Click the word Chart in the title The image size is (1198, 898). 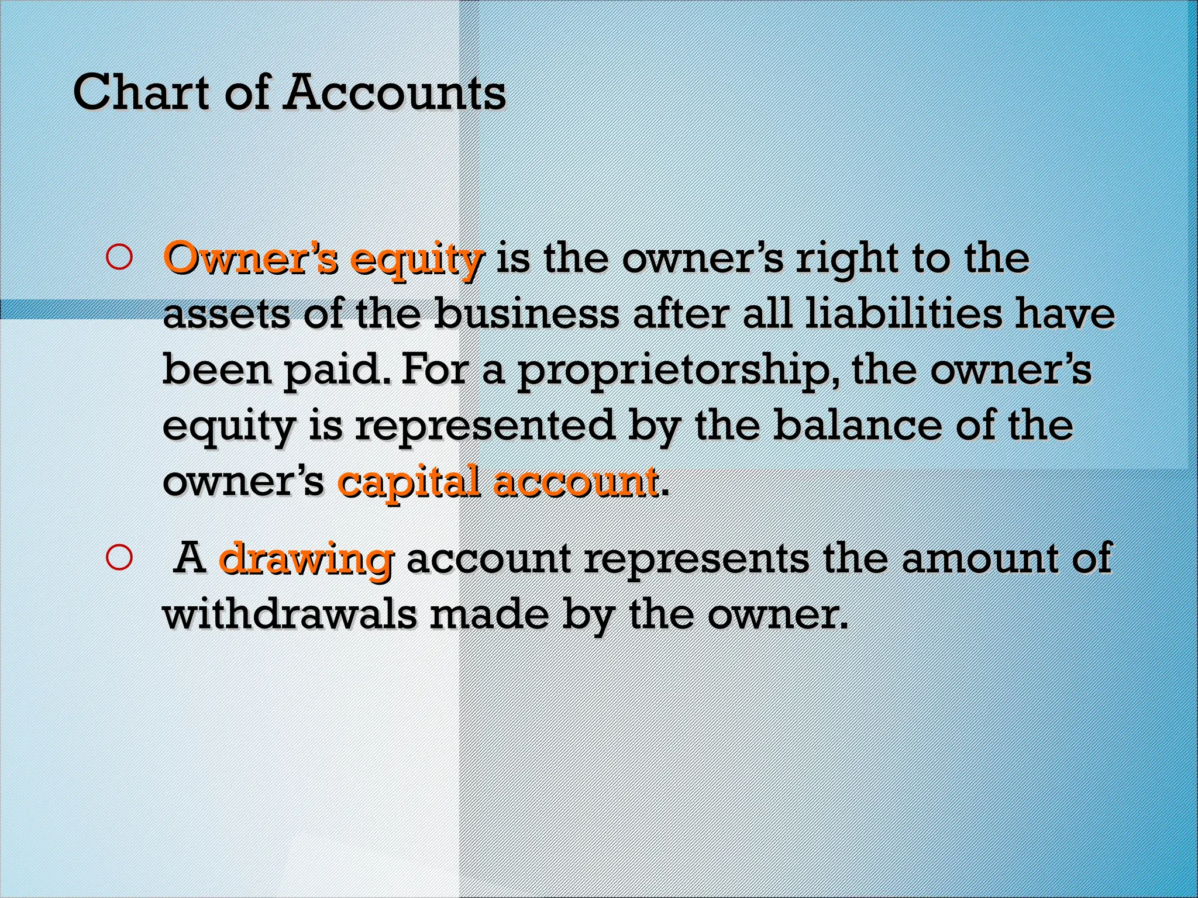tap(141, 92)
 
